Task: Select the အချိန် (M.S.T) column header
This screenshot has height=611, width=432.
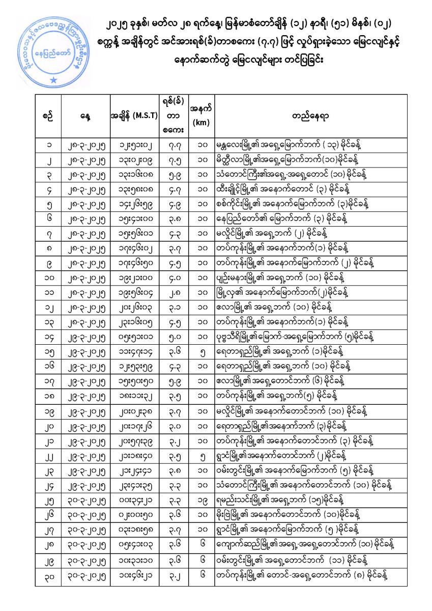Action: coord(134,116)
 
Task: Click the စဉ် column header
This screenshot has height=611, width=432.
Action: coord(48,116)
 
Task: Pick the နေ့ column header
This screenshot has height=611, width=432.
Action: coord(86,116)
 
